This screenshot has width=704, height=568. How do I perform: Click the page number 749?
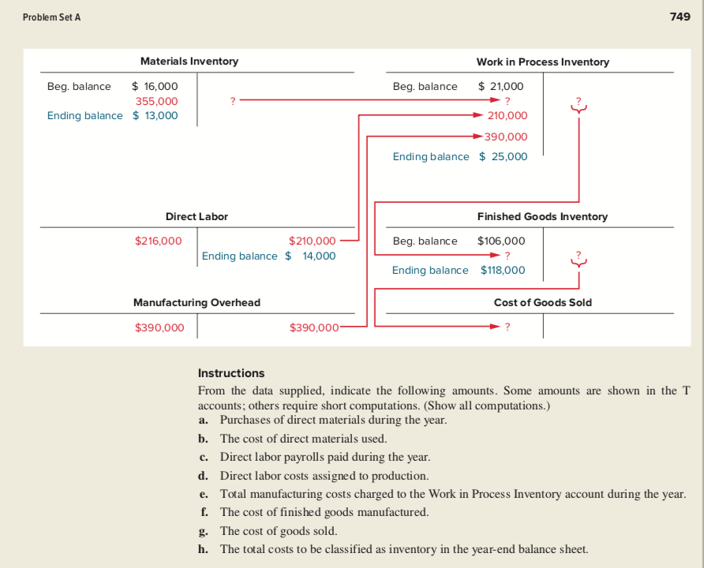click(x=680, y=17)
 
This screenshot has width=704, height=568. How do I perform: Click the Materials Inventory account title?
click(x=189, y=62)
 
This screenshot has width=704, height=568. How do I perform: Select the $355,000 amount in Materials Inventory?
click(x=156, y=101)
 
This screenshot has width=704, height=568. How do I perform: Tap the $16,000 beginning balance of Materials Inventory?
click(x=155, y=86)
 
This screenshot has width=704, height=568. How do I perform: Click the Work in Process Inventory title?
click(x=542, y=62)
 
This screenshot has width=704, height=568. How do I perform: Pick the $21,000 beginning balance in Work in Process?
click(x=501, y=86)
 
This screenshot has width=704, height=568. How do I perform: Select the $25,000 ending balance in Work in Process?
click(x=504, y=156)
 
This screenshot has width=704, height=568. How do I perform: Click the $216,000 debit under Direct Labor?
click(x=159, y=241)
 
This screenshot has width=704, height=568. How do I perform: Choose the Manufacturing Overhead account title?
click(x=197, y=302)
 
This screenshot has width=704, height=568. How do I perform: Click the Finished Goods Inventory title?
click(x=542, y=216)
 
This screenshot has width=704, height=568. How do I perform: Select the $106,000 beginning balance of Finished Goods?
click(x=501, y=241)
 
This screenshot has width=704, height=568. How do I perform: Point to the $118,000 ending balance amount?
click(x=503, y=270)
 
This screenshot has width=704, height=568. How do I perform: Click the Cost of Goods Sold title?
click(x=542, y=302)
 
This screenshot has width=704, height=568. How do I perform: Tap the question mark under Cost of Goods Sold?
click(x=507, y=327)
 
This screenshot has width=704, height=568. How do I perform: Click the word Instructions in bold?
click(x=231, y=373)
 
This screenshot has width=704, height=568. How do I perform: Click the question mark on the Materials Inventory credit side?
click(x=231, y=101)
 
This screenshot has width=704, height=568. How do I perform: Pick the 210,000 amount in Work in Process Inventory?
click(x=507, y=116)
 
